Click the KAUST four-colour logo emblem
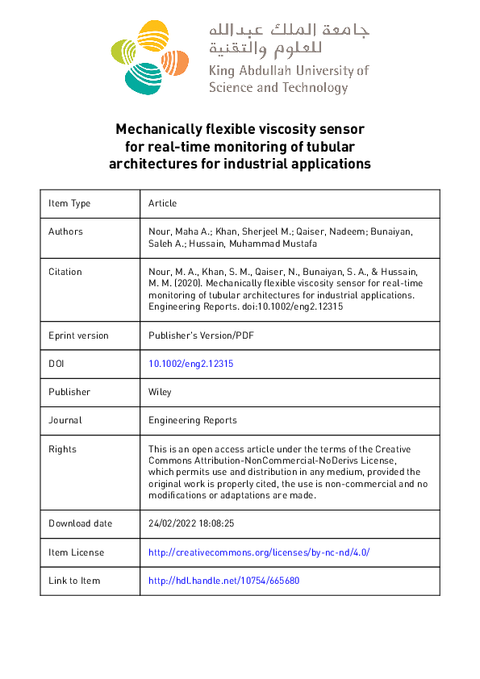(149, 56)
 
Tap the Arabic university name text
(289, 40)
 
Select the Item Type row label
(69, 203)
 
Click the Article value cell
(162, 203)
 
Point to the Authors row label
(65, 231)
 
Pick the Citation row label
(65, 272)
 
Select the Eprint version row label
(78, 335)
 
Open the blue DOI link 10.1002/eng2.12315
(191, 364)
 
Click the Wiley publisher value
(160, 392)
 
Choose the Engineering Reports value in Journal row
(193, 420)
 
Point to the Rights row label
(62, 449)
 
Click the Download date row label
(80, 523)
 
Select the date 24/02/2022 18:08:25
(191, 523)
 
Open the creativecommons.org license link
(259, 552)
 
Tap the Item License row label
(76, 552)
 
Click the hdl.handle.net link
(224, 581)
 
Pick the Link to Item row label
(74, 581)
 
